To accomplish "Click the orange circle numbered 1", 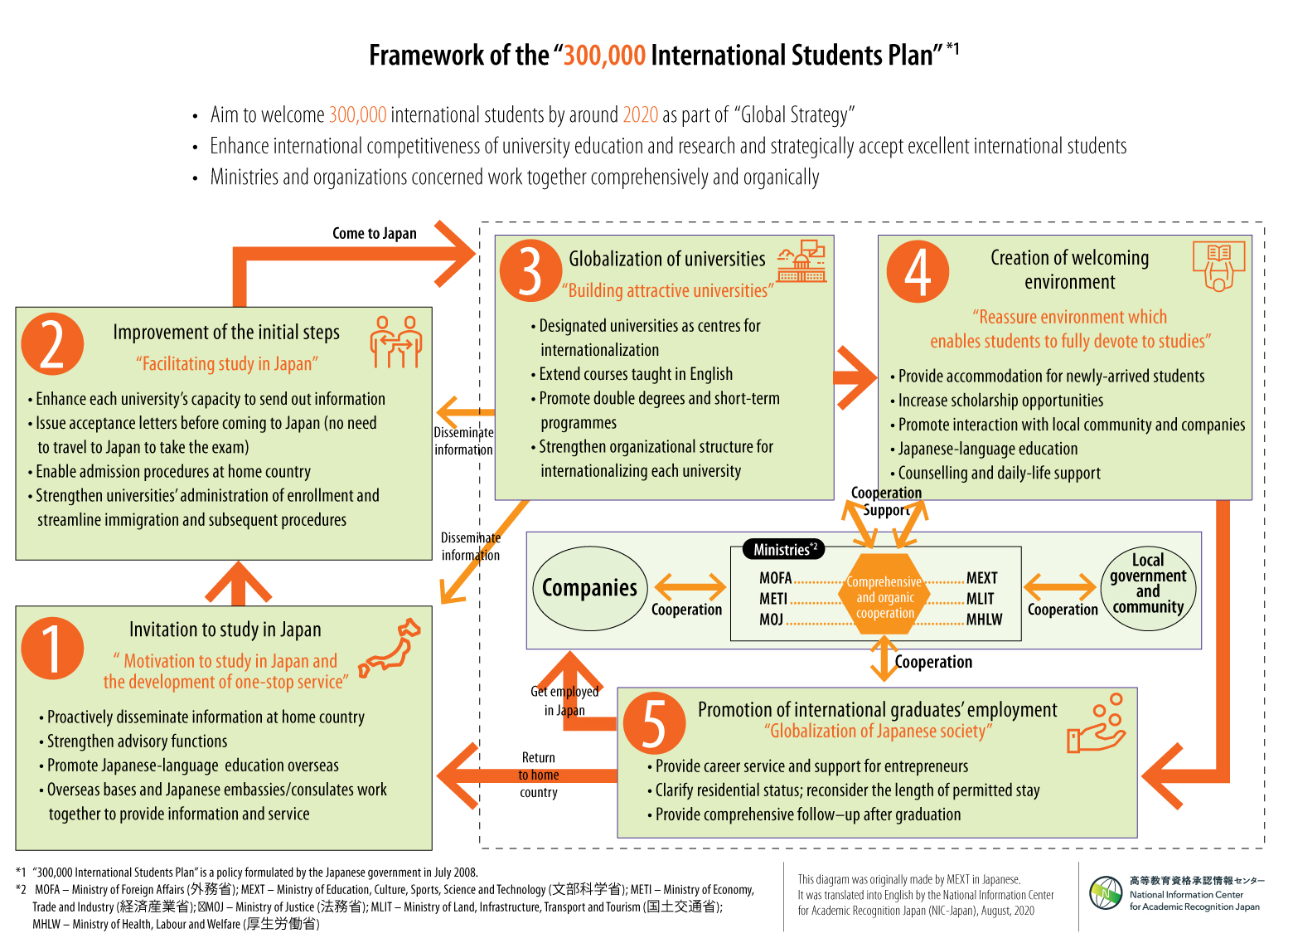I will pyautogui.click(x=52, y=648).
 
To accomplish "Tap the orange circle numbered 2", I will pyautogui.click(x=52, y=343).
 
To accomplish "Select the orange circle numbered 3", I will pyautogui.click(x=530, y=270).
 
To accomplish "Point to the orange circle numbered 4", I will pyautogui.click(x=918, y=271).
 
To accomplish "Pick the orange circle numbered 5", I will pyautogui.click(x=654, y=722).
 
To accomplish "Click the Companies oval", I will pyautogui.click(x=589, y=588).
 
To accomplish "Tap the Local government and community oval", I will pyautogui.click(x=1148, y=588).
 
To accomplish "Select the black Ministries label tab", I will pyautogui.click(x=785, y=549).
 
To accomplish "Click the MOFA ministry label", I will pyautogui.click(x=776, y=578).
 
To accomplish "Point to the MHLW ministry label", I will pyautogui.click(x=984, y=620).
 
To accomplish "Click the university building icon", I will pyautogui.click(x=801, y=262).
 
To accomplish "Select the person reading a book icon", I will pyautogui.click(x=1218, y=266).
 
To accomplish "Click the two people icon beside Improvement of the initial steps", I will pyautogui.click(x=396, y=341).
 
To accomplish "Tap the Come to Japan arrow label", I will pyautogui.click(x=374, y=234).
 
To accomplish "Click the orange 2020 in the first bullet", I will pyautogui.click(x=640, y=114).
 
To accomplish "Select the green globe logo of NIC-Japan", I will pyautogui.click(x=1106, y=893).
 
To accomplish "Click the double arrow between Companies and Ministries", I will pyautogui.click(x=690, y=587).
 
